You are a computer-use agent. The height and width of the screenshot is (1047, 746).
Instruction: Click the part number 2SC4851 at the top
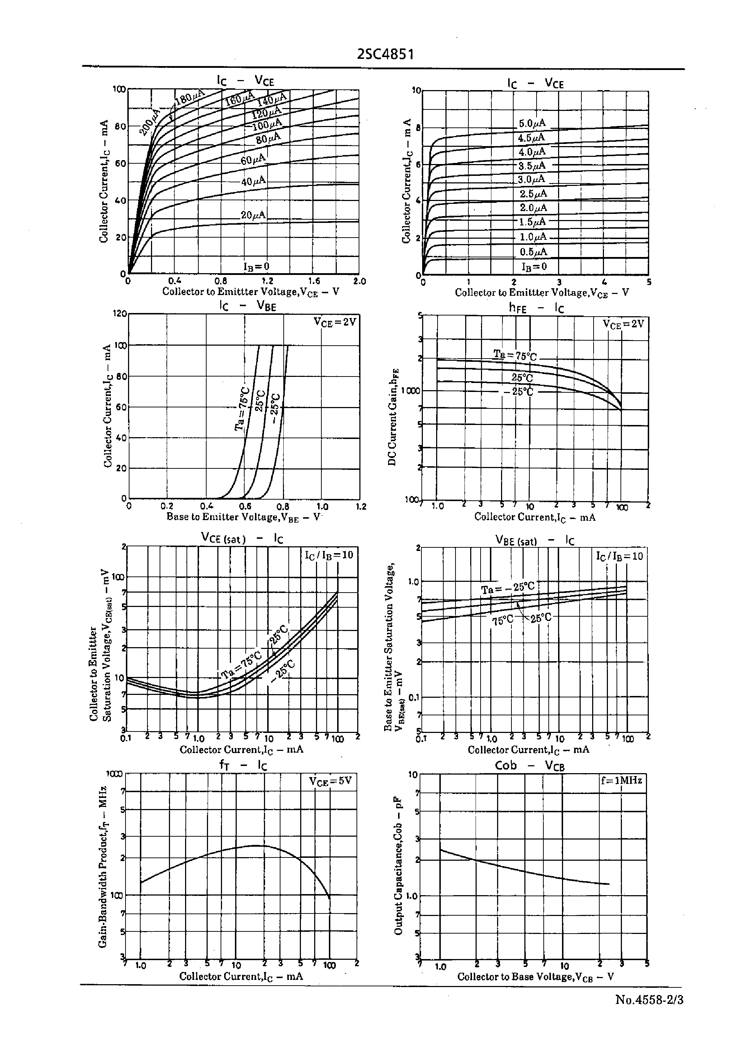tap(386, 55)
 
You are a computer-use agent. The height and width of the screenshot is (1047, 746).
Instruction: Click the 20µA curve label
tap(253, 215)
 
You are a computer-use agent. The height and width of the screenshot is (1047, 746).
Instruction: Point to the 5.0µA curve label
tap(532, 123)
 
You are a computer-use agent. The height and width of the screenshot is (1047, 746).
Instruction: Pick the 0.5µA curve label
tap(533, 252)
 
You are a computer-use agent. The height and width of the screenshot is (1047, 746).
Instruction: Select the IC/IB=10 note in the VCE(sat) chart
tap(329, 555)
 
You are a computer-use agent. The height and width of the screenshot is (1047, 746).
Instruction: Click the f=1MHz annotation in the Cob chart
tap(622, 780)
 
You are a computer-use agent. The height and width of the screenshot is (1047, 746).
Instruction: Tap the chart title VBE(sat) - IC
tap(534, 541)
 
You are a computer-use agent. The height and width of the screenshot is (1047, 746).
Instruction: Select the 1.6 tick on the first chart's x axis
tap(314, 281)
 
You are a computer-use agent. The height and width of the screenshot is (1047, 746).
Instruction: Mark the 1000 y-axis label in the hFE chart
tap(410, 391)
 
